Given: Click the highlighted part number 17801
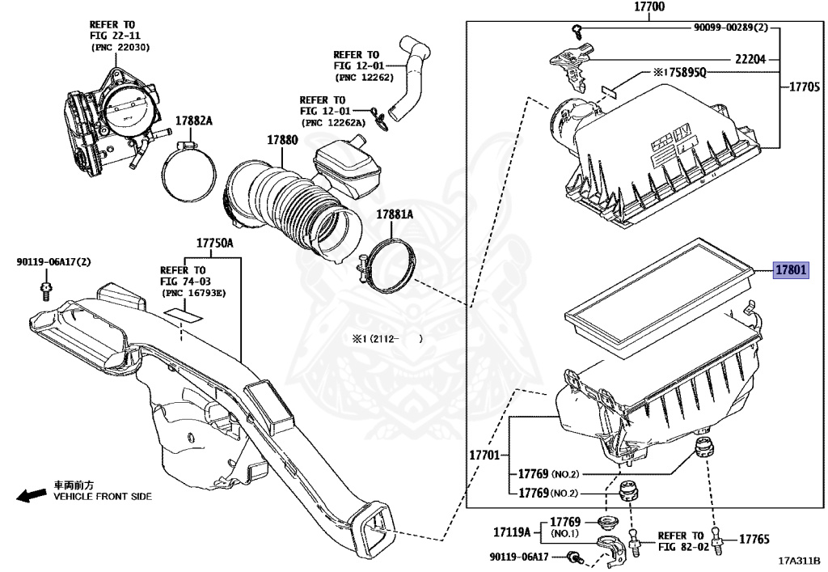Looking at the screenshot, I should [791, 270].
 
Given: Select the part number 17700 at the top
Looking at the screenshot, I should [648, 7].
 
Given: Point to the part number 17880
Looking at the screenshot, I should [283, 140].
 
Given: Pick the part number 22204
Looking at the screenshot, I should [751, 59].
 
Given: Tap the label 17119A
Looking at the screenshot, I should [512, 532].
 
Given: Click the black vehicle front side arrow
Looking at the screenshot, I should [32, 494].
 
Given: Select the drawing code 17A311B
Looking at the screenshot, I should [799, 561].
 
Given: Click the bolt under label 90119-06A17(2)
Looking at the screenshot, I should [47, 289].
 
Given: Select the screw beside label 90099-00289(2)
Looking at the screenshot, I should [576, 31].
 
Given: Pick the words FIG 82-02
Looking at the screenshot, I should [681, 547].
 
